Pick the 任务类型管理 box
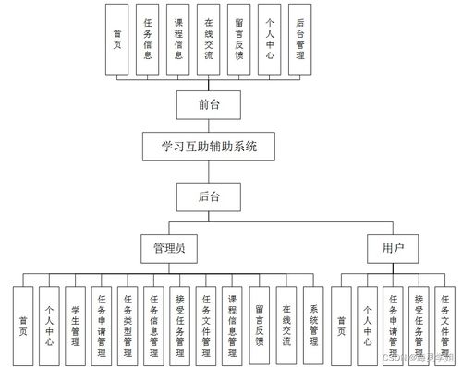pos(128,324)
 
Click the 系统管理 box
pos(314,324)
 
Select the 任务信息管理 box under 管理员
pos(154,324)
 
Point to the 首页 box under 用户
pos(342,324)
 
